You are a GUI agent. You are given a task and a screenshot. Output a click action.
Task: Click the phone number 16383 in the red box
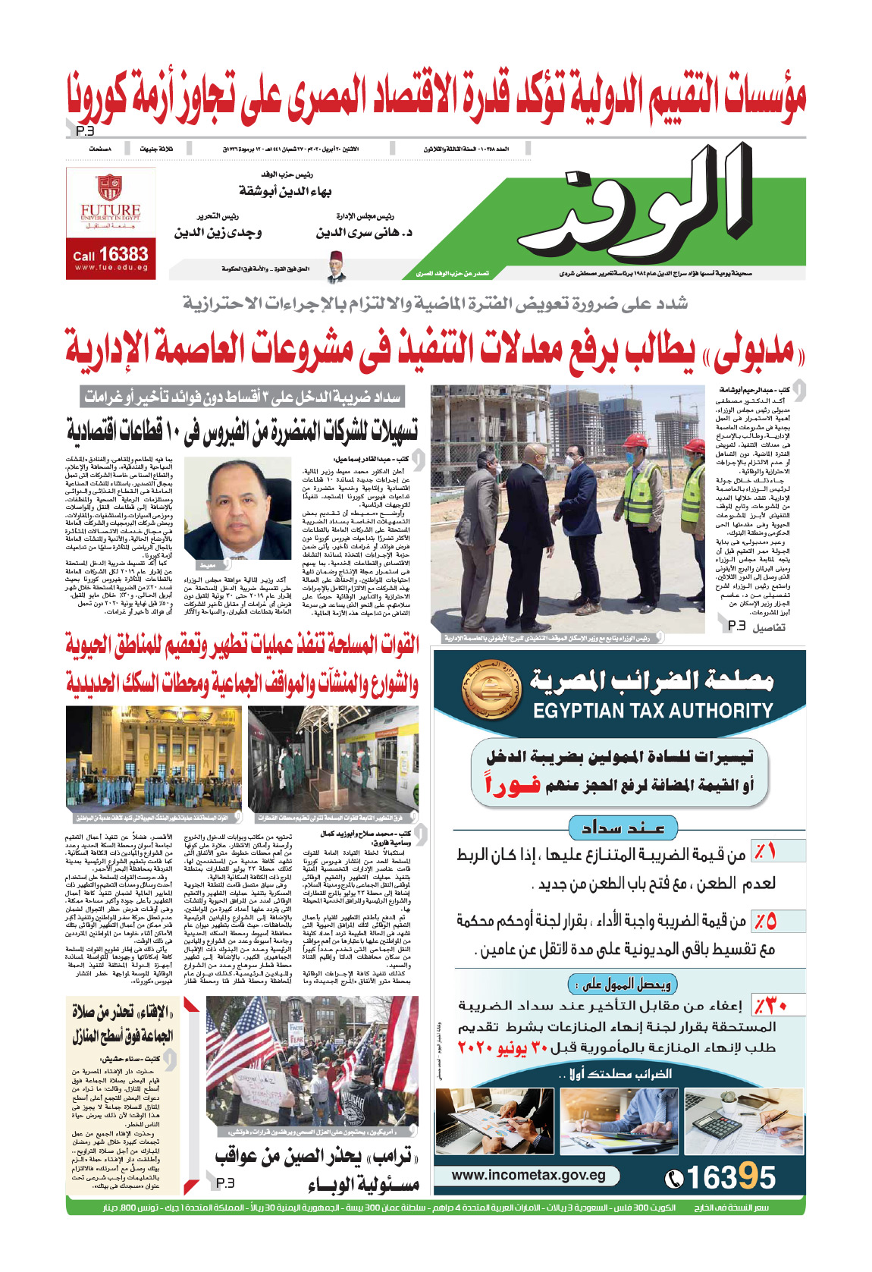123,254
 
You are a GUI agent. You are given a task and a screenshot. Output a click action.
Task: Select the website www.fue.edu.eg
111,268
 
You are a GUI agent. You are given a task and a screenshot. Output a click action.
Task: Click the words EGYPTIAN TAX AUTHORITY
653,711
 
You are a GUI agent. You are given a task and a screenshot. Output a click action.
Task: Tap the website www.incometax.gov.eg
529,1175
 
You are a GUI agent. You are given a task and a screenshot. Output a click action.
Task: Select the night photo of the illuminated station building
154,758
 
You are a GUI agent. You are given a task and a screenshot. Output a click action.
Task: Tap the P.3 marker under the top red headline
85,131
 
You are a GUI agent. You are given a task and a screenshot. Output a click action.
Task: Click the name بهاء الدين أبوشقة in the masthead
285,190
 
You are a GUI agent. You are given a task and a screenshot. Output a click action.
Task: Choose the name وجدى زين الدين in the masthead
218,232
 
